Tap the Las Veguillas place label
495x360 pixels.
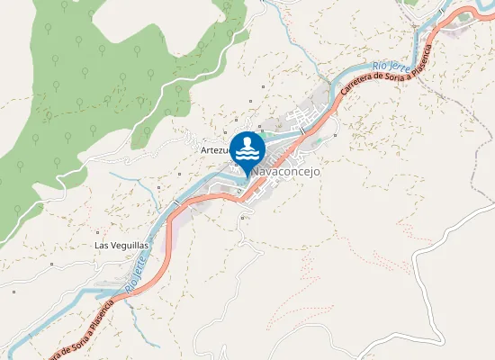(x=121, y=245)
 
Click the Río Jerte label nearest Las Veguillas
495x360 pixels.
(x=134, y=270)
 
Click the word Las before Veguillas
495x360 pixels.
(x=101, y=245)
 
